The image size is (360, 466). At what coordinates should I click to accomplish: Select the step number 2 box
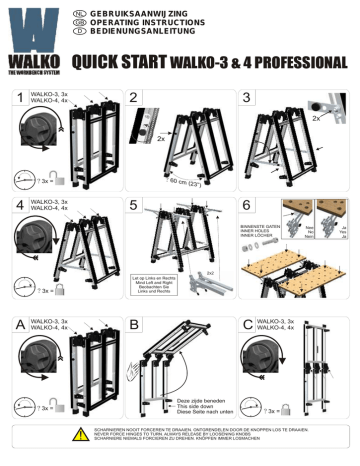(x=137, y=97)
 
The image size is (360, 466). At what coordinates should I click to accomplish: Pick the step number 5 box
(x=137, y=205)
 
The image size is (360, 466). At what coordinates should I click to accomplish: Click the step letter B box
(x=137, y=324)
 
